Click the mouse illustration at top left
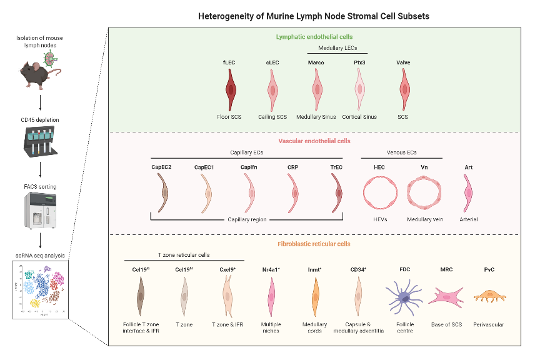[x=39, y=67]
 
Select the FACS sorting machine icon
[x=39, y=211]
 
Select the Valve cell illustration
[x=404, y=89]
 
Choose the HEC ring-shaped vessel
[x=379, y=192]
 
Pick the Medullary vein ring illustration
[x=424, y=192]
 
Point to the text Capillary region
[x=248, y=220]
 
